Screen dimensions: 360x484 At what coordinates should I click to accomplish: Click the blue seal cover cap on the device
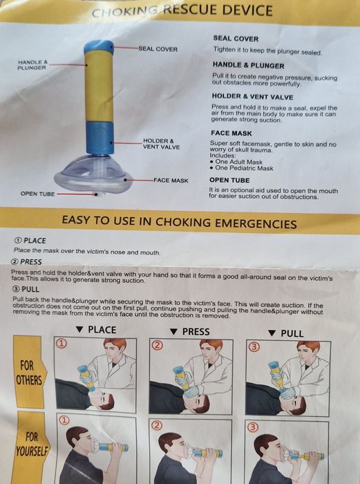tap(99, 47)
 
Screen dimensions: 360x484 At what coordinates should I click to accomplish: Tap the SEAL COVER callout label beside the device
tap(158, 49)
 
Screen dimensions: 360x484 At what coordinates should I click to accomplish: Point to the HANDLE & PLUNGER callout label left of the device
tap(32, 65)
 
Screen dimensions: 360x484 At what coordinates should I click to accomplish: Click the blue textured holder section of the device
tap(100, 138)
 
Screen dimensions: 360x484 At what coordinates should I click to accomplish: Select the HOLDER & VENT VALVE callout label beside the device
tap(161, 144)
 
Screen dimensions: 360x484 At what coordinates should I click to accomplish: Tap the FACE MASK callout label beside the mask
tap(171, 180)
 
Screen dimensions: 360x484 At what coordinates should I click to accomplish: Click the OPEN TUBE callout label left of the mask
tap(37, 194)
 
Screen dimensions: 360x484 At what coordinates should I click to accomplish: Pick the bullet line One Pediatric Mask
tap(241, 168)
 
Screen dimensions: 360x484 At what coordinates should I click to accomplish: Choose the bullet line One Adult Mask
tap(236, 162)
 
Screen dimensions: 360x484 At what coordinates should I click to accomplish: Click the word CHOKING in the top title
tap(125, 12)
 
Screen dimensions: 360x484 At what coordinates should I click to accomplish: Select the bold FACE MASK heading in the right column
tap(231, 133)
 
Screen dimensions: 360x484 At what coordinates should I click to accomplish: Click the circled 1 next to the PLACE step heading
tap(18, 241)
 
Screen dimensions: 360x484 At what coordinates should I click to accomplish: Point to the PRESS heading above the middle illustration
tap(196, 332)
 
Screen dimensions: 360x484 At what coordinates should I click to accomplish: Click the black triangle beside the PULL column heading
tap(272, 333)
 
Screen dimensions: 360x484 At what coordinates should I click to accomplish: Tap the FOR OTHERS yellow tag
tap(29, 372)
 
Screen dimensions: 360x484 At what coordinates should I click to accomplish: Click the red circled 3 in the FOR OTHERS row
tap(254, 347)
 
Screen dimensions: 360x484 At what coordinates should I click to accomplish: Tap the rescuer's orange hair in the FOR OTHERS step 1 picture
tap(115, 343)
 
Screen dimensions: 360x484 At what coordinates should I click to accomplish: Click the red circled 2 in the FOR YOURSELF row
tap(157, 426)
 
